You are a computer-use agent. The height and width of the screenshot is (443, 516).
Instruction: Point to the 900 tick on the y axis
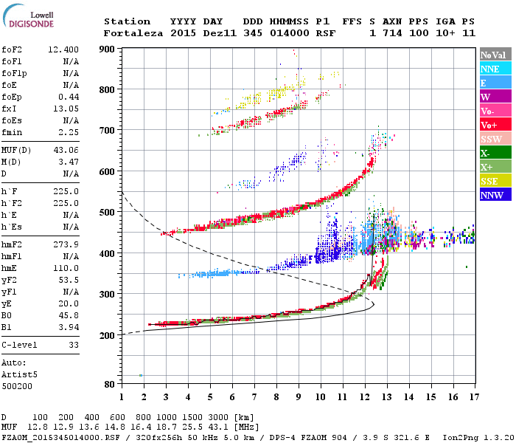coord(108,49)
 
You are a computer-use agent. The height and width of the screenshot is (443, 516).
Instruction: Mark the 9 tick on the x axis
coord(299,397)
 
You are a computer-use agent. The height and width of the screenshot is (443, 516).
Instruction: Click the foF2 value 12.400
coord(64,49)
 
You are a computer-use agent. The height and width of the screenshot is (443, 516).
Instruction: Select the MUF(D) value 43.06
coord(64,151)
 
